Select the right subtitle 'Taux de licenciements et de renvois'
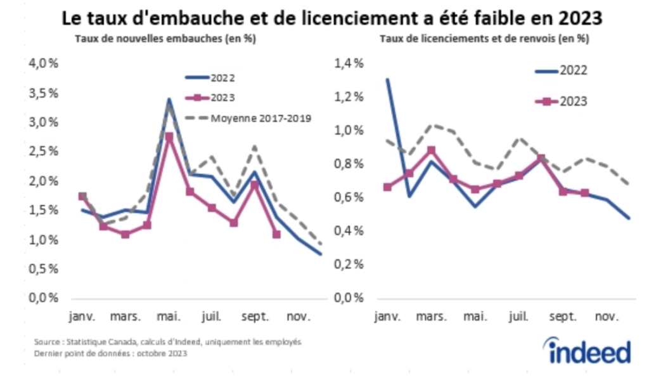(x=484, y=39)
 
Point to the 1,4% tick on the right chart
(x=350, y=63)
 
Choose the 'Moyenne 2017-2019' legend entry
(x=248, y=118)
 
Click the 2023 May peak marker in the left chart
(x=169, y=136)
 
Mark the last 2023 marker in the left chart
(x=276, y=234)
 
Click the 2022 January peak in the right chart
(x=387, y=80)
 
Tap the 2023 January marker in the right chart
(x=387, y=187)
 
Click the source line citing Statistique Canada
(x=168, y=342)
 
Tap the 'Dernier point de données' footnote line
(x=110, y=354)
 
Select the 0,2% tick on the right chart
(x=350, y=265)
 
